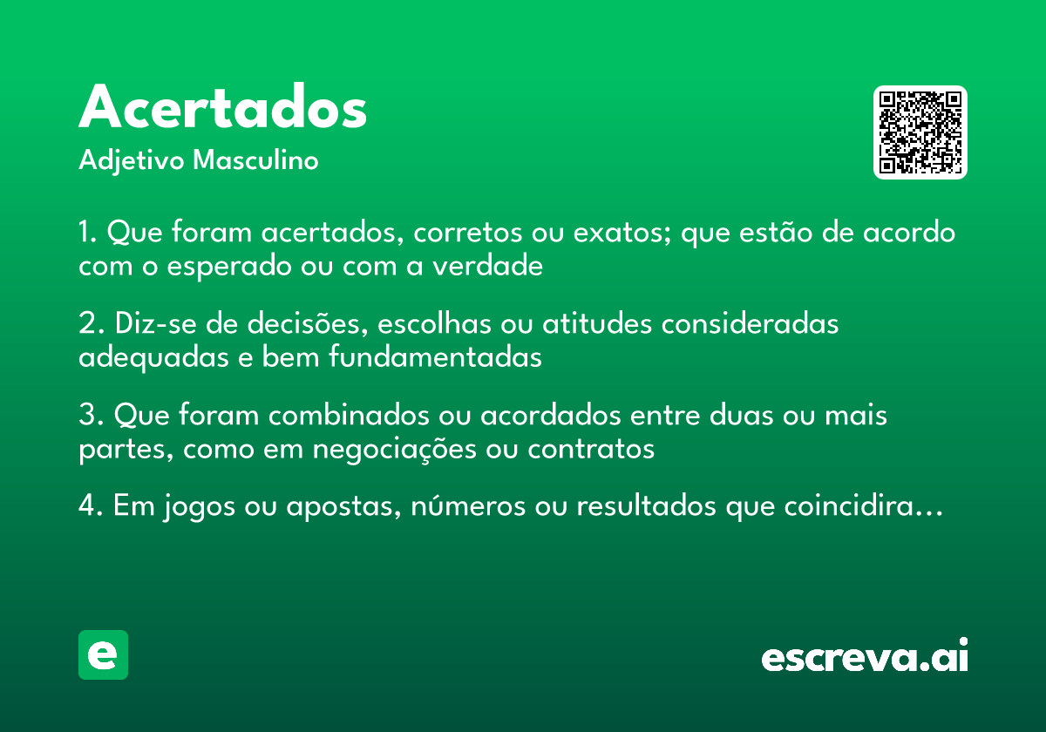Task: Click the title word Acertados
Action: [223, 108]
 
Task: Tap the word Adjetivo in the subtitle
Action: [132, 161]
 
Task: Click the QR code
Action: [920, 132]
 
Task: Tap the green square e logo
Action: [103, 654]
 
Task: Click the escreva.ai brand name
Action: [865, 656]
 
